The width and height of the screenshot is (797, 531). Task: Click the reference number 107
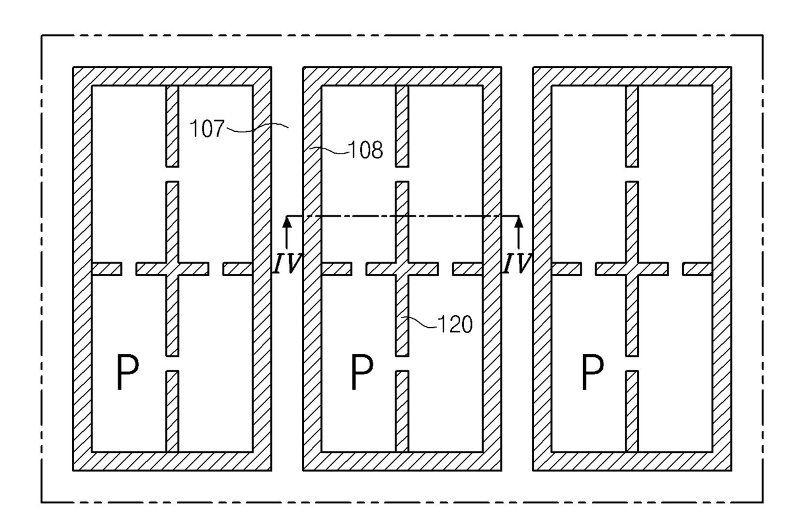pyautogui.click(x=207, y=129)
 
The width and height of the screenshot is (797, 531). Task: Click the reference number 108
pyautogui.click(x=366, y=150)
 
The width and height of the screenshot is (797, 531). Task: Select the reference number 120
pyautogui.click(x=454, y=324)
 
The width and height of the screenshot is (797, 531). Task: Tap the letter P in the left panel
pyautogui.click(x=128, y=372)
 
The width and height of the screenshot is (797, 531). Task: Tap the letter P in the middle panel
pyautogui.click(x=363, y=372)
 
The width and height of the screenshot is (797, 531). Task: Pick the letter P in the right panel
pyautogui.click(x=593, y=372)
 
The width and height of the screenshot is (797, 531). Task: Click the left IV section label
pyautogui.click(x=287, y=264)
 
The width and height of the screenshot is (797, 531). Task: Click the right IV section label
pyautogui.click(x=517, y=264)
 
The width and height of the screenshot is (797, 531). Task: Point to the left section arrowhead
pyautogui.click(x=287, y=221)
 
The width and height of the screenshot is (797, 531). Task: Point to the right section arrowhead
pyautogui.click(x=519, y=221)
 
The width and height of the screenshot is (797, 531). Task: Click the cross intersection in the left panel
pyautogui.click(x=172, y=269)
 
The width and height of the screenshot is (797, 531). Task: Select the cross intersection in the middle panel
pyautogui.click(x=402, y=269)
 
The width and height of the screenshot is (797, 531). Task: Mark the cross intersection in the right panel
pyautogui.click(x=632, y=269)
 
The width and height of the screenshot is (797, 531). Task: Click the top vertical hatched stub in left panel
pyautogui.click(x=172, y=127)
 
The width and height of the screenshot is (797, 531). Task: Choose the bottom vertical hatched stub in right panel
pyautogui.click(x=632, y=411)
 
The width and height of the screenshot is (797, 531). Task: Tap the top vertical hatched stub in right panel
pyautogui.click(x=632, y=127)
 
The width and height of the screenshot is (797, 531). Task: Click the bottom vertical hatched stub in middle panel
pyautogui.click(x=402, y=411)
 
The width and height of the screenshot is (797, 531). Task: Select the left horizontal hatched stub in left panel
pyautogui.click(x=107, y=269)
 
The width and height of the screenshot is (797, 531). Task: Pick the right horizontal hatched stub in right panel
pyautogui.click(x=697, y=269)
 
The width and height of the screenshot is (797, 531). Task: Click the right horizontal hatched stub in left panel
pyautogui.click(x=238, y=269)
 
